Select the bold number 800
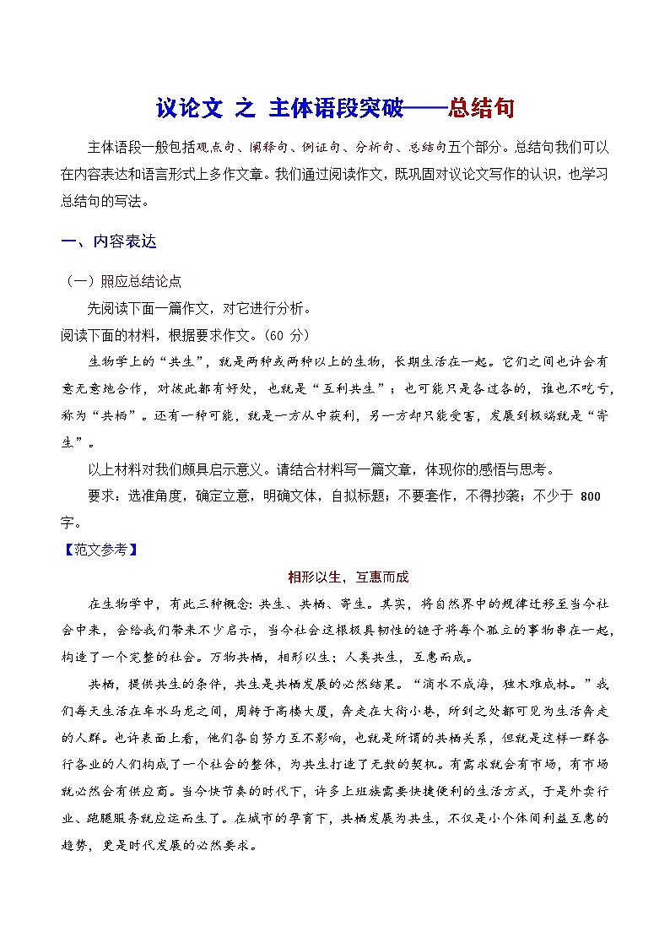pos(591,496)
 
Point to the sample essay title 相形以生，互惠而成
pos(348,577)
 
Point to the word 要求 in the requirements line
pos(100,496)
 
